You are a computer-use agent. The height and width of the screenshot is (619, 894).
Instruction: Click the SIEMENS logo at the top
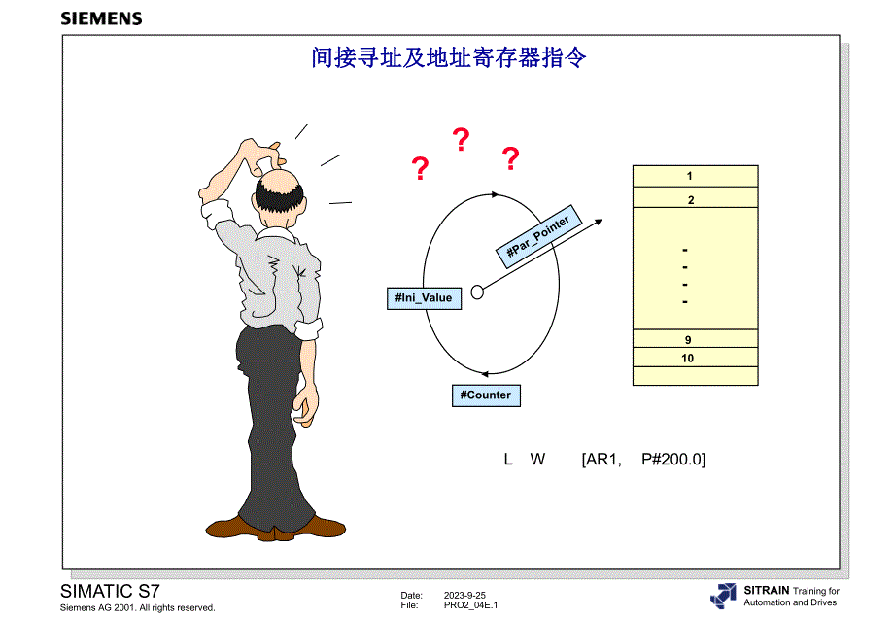coord(101,18)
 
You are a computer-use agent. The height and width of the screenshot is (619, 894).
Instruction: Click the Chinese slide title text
coord(449,58)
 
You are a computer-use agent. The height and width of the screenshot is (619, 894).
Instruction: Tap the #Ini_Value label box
coord(425,297)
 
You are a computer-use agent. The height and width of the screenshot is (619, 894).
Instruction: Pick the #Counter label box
coord(486,395)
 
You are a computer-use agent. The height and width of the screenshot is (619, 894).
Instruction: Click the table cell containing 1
coord(689,176)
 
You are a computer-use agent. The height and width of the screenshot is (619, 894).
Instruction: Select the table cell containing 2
coord(690,200)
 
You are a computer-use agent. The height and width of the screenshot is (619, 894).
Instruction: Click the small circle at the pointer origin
coord(477,292)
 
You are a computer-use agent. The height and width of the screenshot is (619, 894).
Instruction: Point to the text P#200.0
coord(673,459)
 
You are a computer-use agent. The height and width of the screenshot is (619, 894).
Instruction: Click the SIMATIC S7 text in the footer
coord(111,591)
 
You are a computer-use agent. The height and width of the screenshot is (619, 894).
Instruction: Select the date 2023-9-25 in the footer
coord(464,596)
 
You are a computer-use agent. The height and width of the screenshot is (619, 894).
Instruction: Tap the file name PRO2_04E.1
coord(470,605)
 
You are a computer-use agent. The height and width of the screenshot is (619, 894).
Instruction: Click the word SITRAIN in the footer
coord(766,590)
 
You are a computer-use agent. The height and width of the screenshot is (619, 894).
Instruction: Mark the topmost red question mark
coord(462,141)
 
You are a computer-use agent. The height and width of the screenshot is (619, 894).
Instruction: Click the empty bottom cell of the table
coord(695,375)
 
